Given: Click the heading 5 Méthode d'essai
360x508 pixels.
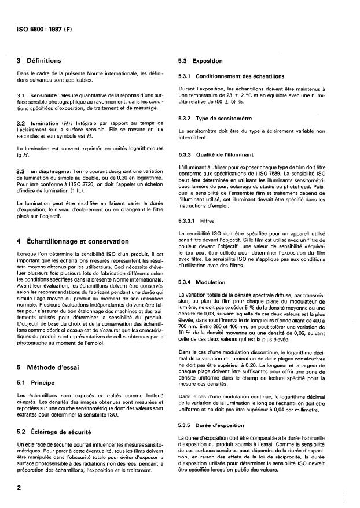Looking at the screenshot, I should [53, 368].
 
